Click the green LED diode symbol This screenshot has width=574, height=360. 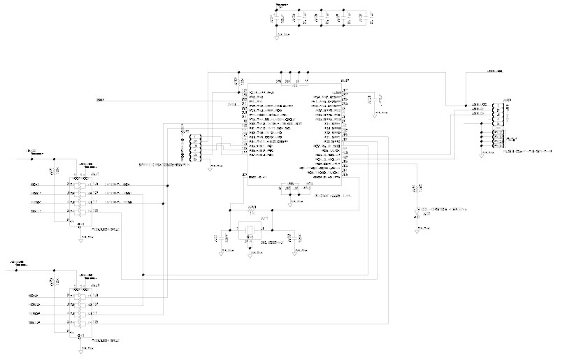tap(417, 210)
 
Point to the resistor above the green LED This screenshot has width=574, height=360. tap(417, 189)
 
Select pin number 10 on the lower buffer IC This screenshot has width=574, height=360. tap(96, 322)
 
